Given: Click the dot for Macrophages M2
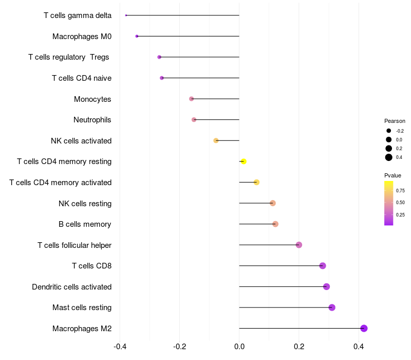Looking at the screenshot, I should [364, 328].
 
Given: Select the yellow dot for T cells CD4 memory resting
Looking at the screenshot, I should [244, 161].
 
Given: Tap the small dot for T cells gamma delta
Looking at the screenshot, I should [126, 15].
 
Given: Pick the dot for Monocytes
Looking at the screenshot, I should [192, 99].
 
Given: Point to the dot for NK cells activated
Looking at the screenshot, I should [216, 140].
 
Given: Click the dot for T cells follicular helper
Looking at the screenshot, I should [299, 245].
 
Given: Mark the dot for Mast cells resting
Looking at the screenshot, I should [332, 308].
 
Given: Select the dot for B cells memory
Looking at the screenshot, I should [275, 224].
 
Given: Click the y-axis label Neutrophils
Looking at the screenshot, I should [92, 120].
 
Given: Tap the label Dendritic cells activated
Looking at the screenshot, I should [72, 286].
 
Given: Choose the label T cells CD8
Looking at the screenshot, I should [91, 266].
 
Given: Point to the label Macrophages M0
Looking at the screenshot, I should [82, 37].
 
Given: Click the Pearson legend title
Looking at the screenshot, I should [395, 121].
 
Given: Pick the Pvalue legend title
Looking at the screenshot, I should [393, 175].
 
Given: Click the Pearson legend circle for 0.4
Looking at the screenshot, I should [389, 157].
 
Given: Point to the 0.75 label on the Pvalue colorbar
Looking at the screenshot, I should [400, 190].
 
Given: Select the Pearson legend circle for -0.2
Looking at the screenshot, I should [389, 131].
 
